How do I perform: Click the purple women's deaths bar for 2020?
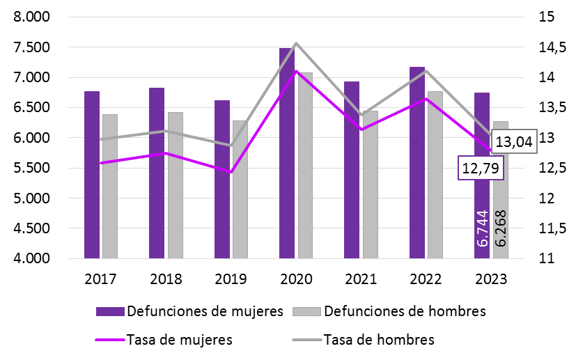click(286, 153)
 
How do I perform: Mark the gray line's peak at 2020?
click(296, 43)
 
